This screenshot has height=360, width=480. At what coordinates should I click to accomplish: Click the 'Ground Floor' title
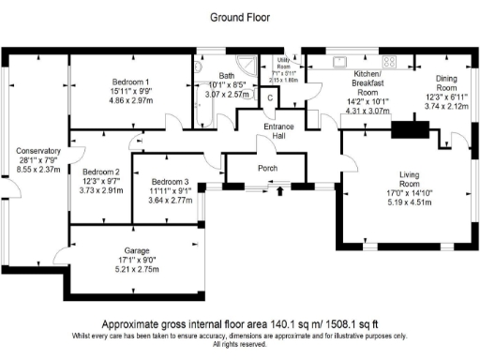239,17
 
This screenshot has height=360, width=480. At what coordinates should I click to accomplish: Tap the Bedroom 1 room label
131,81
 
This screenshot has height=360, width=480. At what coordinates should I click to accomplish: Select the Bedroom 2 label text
100,172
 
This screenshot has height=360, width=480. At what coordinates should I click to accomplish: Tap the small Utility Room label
284,63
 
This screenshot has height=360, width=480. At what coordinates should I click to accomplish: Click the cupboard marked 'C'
270,97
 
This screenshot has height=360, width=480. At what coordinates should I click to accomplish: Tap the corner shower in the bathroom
247,65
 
